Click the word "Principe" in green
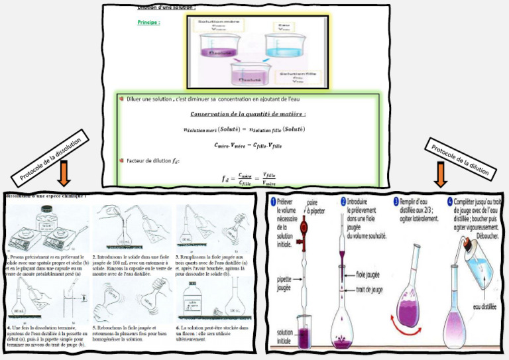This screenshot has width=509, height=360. pyautogui.click(x=149, y=22)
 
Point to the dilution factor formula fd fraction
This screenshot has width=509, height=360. pyautogui.click(x=239, y=178)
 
